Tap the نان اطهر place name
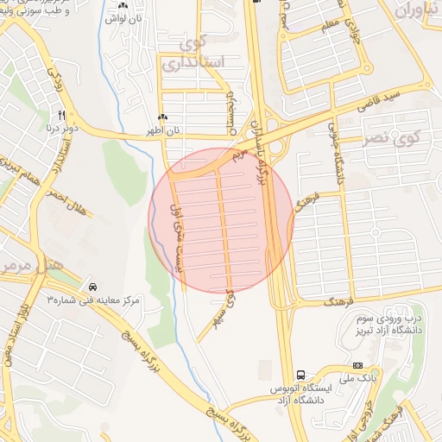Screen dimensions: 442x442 163,130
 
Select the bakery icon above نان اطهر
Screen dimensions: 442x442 162,117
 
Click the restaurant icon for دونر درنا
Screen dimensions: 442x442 61,115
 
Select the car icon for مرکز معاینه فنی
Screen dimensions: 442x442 92,286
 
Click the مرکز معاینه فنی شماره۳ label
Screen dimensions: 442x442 92,300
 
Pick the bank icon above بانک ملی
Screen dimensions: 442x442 358,365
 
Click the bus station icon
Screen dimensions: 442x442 300,376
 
